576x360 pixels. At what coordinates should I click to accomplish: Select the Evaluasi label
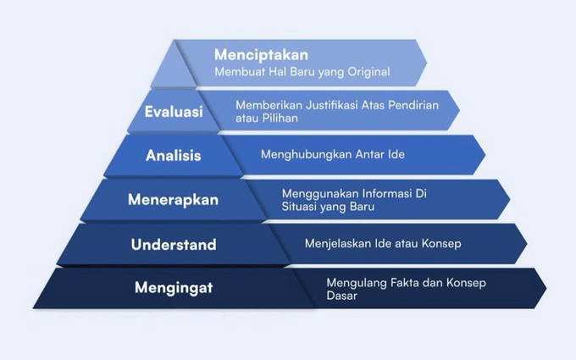174,112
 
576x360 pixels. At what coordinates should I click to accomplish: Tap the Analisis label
174,155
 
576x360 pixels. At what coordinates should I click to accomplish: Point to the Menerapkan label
173,200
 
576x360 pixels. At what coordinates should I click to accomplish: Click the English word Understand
174,245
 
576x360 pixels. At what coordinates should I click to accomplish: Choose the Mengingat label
174,288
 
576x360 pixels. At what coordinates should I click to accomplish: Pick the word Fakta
398,282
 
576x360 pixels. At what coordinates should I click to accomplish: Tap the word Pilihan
280,119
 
